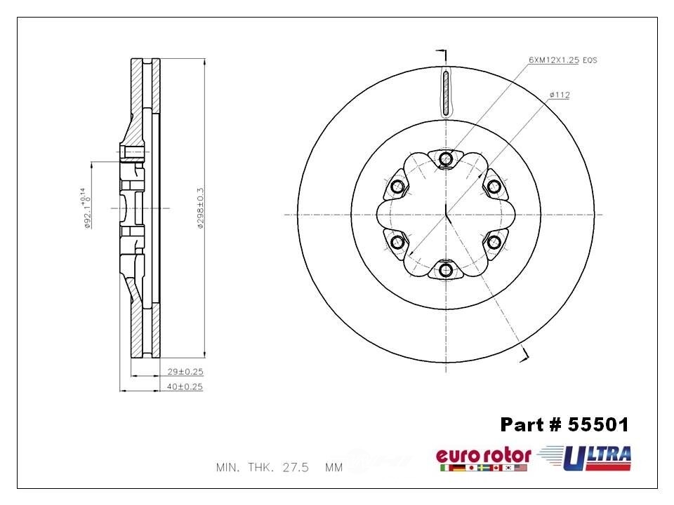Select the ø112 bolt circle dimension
[x=559, y=95]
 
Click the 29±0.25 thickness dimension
[x=184, y=372]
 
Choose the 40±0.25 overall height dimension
[x=184, y=386]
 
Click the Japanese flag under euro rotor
[x=471, y=468]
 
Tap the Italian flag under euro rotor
[x=444, y=468]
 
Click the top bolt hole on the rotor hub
[x=446, y=160]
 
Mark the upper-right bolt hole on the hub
[x=494, y=187]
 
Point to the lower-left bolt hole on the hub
[x=397, y=242]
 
